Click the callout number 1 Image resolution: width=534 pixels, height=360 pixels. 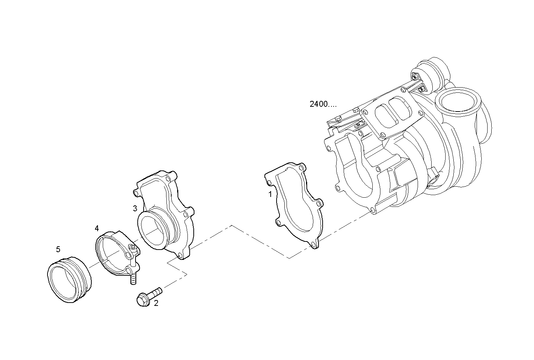[x=270, y=194]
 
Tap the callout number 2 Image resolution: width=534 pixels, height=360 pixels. [x=156, y=303]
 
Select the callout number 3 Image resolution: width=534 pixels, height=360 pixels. [x=135, y=208]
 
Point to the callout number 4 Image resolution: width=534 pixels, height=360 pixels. [x=96, y=229]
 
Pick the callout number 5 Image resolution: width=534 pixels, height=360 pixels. [x=58, y=250]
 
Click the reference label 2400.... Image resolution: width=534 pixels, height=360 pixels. [x=323, y=104]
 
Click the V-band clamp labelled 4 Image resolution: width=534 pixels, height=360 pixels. [x=110, y=254]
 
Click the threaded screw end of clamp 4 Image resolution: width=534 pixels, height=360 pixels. [x=133, y=279]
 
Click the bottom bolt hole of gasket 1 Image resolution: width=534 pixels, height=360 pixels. [x=313, y=244]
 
